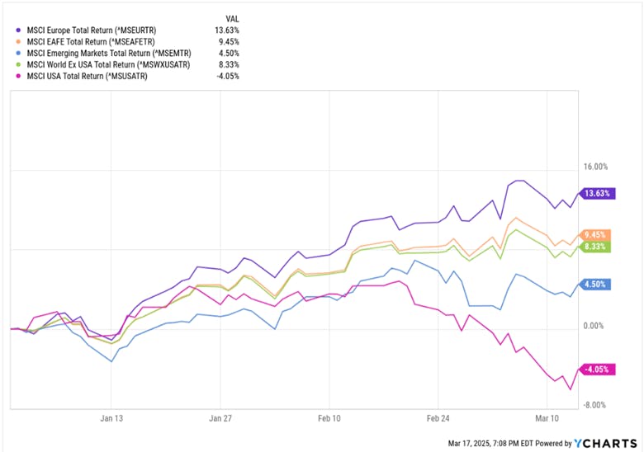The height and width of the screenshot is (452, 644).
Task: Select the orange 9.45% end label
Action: point(596,234)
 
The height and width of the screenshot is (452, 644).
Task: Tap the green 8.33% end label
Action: point(596,246)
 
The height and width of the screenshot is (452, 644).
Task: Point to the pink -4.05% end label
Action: point(596,370)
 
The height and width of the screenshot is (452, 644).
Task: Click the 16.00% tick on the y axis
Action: point(595,166)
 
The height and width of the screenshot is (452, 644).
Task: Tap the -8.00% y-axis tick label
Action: point(595,405)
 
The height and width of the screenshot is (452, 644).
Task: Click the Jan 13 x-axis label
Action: point(111,418)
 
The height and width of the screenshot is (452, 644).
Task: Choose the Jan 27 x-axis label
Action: point(223,418)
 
